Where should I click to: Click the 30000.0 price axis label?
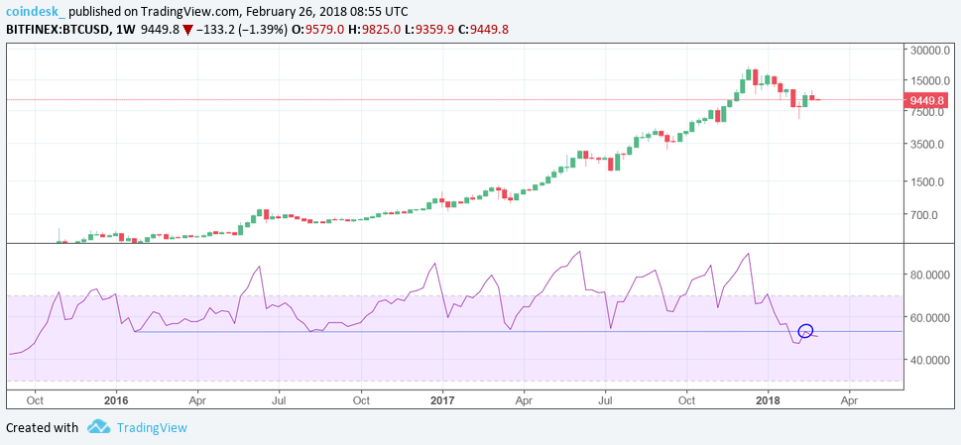(x=931, y=51)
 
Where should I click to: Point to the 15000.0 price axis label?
(x=931, y=81)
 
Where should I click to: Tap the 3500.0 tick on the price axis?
(x=928, y=144)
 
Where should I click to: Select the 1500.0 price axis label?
(x=928, y=182)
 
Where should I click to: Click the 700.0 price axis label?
(x=926, y=215)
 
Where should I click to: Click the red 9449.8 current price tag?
(x=930, y=99)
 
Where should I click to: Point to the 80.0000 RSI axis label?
(x=931, y=275)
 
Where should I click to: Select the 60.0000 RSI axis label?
(x=931, y=317)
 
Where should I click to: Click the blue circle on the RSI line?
(x=805, y=331)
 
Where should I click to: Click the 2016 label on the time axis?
(x=116, y=399)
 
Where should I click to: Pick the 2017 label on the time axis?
(x=442, y=399)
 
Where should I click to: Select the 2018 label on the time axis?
(x=767, y=399)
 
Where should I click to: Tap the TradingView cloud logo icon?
(x=98, y=427)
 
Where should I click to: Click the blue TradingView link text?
(x=152, y=427)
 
